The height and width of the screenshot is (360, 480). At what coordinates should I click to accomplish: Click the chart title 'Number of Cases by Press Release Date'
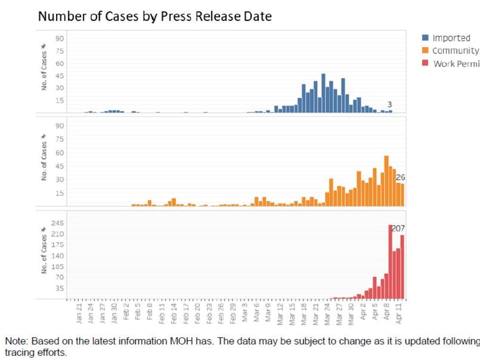tap(154, 16)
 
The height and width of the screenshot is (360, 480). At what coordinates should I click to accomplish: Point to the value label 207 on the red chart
tap(398, 229)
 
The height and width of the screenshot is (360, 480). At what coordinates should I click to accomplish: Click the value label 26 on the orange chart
tap(400, 177)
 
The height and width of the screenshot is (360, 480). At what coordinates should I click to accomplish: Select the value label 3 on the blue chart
tap(390, 104)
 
